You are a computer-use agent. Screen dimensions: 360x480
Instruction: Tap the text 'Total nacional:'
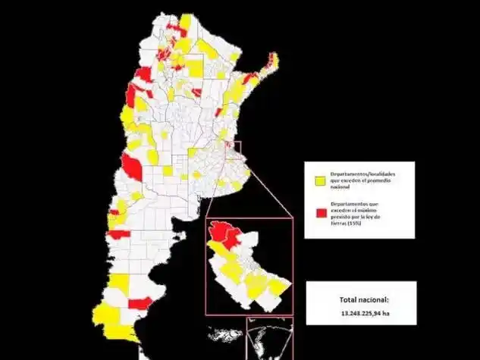(x=362, y=299)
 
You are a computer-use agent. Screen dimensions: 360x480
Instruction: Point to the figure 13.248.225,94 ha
(x=362, y=312)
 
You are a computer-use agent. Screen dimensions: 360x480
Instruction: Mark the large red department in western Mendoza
(x=132, y=167)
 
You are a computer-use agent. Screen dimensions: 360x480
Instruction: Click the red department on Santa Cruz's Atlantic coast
(x=139, y=304)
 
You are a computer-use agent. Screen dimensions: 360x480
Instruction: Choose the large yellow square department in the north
(x=195, y=66)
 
